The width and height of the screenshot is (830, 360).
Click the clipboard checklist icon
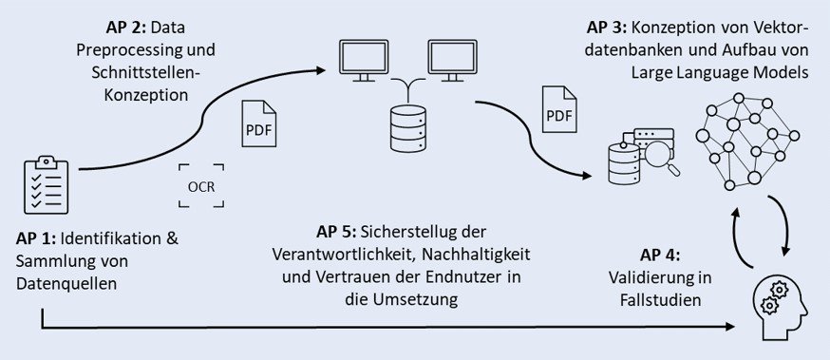(47, 184)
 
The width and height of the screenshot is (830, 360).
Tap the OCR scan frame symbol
(201, 186)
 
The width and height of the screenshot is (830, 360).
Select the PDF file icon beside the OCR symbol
(259, 123)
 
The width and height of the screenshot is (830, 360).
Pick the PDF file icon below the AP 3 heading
(559, 109)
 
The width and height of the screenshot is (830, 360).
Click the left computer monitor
(364, 61)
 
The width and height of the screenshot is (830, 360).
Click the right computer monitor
(453, 61)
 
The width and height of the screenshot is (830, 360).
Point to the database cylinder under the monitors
(408, 128)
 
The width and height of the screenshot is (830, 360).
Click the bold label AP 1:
(36, 238)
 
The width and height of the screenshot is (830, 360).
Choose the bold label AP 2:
(126, 28)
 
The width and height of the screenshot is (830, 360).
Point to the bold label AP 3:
(607, 27)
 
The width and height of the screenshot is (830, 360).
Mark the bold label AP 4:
(660, 256)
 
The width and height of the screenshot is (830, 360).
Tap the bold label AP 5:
(337, 232)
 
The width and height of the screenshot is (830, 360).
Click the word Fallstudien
(661, 300)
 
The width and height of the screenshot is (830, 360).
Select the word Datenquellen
(66, 284)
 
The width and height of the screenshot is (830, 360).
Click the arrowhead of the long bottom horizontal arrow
(729, 327)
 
